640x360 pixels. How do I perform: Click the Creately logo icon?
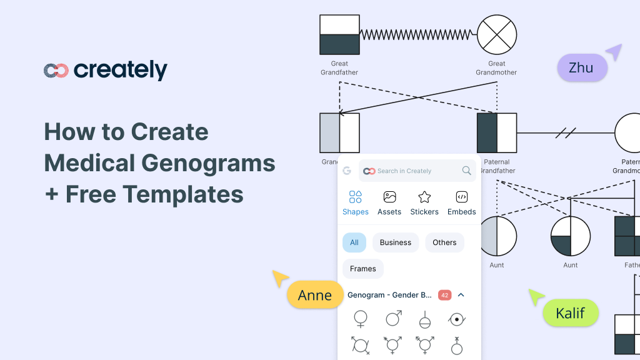[x=56, y=71]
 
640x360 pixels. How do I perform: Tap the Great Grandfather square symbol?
[x=339, y=35]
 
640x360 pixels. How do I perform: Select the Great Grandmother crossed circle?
[x=497, y=35]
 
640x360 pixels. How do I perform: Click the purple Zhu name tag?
[x=581, y=67]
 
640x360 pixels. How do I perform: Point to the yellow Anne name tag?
[x=315, y=295]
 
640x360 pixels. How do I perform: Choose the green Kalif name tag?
[x=571, y=313]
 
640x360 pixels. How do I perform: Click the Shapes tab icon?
[x=356, y=197]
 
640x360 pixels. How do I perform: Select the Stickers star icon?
[x=424, y=197]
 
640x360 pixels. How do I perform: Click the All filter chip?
[x=354, y=242]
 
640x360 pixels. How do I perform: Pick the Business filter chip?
[x=396, y=242]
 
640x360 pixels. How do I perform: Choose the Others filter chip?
[x=444, y=242]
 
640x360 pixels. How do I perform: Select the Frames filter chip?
[x=363, y=269]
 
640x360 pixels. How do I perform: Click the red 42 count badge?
[x=444, y=295]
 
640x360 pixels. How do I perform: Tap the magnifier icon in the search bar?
[x=466, y=171]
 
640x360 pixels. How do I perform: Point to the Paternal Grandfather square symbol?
[x=497, y=132]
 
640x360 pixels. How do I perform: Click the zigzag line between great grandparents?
[x=418, y=34]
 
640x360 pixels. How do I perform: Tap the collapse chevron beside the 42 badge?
[x=461, y=295]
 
